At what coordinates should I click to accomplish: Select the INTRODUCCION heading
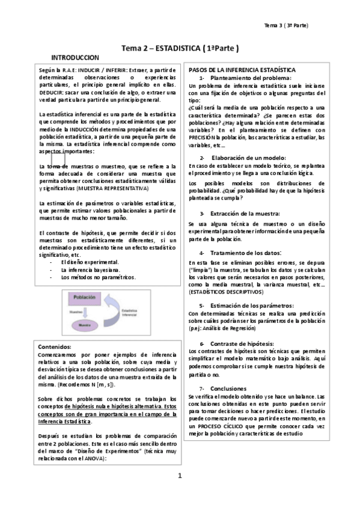point(75,57)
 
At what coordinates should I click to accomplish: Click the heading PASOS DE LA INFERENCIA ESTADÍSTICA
point(242,70)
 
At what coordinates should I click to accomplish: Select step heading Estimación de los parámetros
point(252,306)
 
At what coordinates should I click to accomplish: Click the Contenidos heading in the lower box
point(55,347)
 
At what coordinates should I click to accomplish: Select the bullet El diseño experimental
point(90,262)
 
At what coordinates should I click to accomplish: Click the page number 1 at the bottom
point(180,476)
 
